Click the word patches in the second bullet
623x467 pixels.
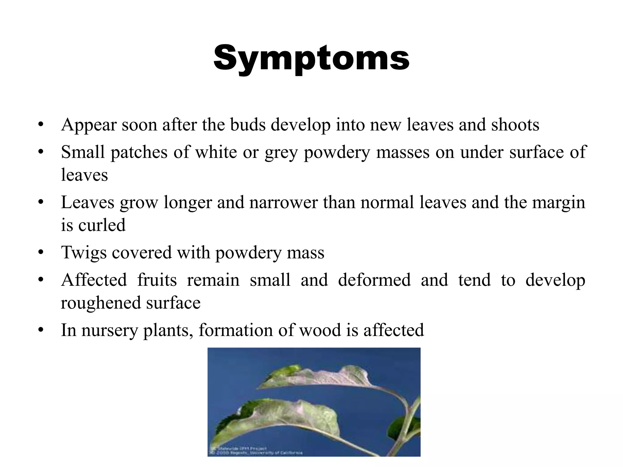click(x=139, y=152)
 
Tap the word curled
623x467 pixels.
click(x=102, y=225)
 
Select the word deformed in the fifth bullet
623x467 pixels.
click(x=374, y=280)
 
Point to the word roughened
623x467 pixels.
click(x=100, y=303)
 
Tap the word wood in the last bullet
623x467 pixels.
click(x=320, y=330)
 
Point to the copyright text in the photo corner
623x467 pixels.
click(x=256, y=451)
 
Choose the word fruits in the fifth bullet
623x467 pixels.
click(x=157, y=280)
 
